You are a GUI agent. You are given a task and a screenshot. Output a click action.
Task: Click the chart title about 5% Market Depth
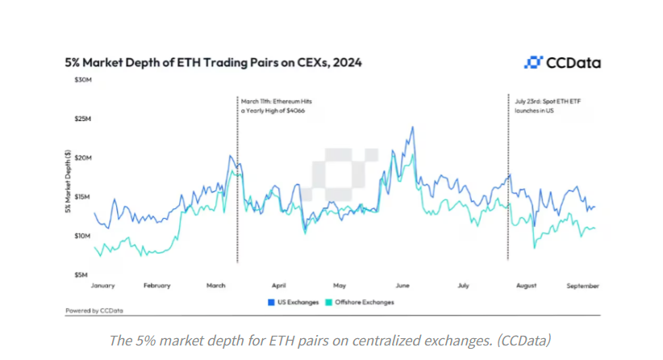coord(213,62)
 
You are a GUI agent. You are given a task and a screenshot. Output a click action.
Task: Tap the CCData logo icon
coord(533,62)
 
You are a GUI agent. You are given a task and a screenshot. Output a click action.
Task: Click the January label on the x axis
coord(105,286)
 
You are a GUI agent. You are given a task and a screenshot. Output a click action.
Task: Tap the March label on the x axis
coord(215,286)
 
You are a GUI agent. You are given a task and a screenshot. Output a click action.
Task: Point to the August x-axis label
coord(525,286)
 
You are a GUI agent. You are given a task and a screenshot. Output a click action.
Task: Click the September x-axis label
coord(582,286)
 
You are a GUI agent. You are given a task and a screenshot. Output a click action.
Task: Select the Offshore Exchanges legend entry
coord(365,303)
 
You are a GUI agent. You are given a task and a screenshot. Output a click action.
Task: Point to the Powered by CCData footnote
coord(94,310)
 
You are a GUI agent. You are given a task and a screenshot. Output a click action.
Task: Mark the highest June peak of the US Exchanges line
coord(413,127)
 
